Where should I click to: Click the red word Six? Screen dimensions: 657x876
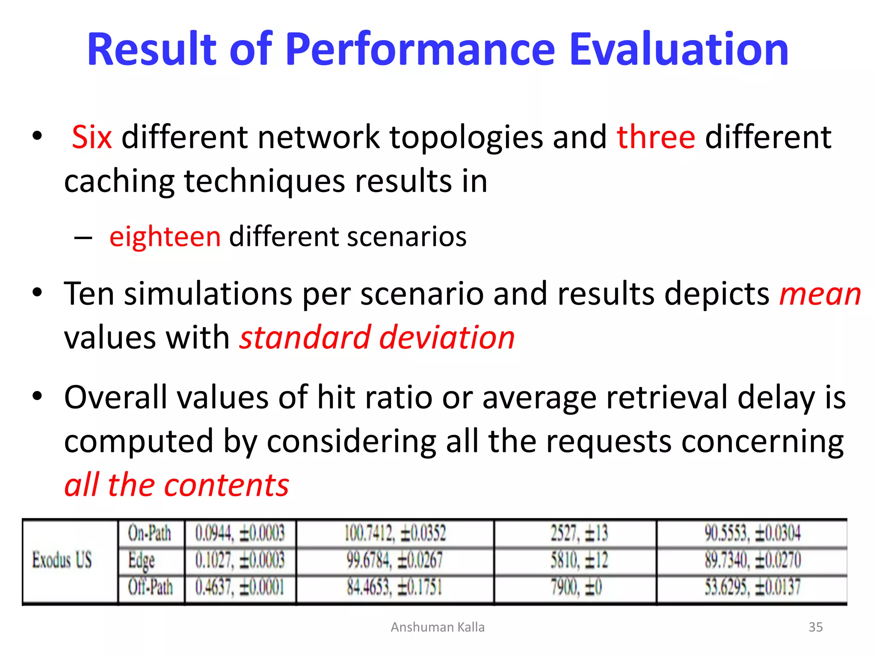[92, 137]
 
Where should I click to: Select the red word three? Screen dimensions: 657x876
[656, 137]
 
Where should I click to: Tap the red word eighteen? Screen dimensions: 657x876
[165, 237]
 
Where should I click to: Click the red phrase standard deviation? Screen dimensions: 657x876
[377, 337]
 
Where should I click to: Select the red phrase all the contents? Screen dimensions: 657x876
[177, 485]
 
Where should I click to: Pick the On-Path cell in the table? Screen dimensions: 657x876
[150, 533]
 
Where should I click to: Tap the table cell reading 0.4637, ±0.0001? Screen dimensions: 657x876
[240, 587]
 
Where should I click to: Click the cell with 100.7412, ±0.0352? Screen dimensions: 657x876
[395, 533]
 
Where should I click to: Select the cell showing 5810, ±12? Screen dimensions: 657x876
[579, 560]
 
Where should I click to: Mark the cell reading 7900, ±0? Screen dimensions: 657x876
[576, 587]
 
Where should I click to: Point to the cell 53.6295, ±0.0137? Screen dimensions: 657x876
[752, 587]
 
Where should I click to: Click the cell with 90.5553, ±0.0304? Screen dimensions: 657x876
[752, 533]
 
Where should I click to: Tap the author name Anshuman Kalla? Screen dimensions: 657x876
[438, 627]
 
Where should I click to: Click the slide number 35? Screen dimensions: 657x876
[816, 627]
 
